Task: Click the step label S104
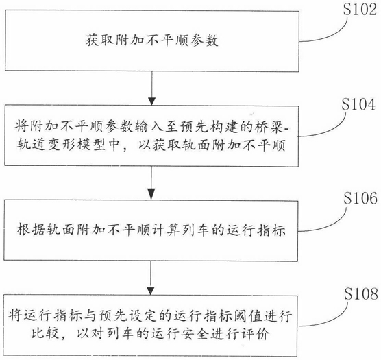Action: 358,104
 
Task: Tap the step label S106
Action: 360,197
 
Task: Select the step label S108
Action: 361,293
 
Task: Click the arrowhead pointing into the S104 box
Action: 151,101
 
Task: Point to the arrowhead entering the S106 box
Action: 151,195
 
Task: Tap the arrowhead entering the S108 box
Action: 151,291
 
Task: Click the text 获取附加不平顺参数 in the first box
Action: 152,40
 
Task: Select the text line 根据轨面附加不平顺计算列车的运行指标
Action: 151,230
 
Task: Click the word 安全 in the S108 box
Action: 195,334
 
